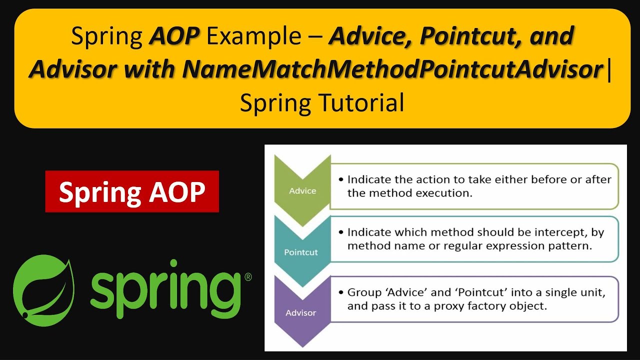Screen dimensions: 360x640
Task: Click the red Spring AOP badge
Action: (x=132, y=191)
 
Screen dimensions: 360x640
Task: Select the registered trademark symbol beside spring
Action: (x=247, y=277)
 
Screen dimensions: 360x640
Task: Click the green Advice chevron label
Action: (x=302, y=190)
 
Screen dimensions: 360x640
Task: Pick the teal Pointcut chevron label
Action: (x=301, y=252)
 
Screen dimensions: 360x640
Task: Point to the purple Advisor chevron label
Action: (x=301, y=313)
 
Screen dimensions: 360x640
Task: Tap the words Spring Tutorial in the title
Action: (x=322, y=103)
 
